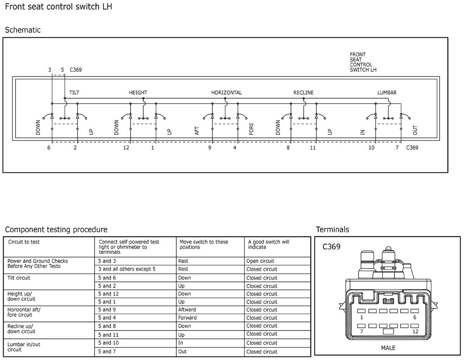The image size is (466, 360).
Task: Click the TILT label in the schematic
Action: [74, 93]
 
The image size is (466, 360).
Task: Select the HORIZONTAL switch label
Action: [226, 93]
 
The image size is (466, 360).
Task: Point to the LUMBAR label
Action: [387, 93]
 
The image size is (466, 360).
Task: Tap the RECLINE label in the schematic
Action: [303, 93]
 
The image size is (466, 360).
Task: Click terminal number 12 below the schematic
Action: [126, 148]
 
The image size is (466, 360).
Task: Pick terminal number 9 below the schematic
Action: [210, 148]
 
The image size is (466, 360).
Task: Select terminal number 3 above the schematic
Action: [50, 70]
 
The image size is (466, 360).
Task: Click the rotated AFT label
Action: [197, 131]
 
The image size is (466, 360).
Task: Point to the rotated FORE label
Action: [251, 129]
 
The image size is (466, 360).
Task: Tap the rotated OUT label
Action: [415, 130]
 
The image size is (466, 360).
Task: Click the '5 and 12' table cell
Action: [108, 294]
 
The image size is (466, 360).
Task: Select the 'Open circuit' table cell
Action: [260, 261]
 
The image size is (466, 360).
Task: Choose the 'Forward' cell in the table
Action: [187, 318]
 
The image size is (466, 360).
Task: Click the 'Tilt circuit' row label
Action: [19, 278]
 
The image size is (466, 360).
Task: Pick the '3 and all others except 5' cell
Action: [127, 269]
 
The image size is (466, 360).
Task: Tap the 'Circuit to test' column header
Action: [24, 242]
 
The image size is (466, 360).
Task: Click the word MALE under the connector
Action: [388, 348]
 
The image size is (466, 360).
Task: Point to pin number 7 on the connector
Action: [362, 331]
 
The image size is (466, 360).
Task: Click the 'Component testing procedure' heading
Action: [56, 230]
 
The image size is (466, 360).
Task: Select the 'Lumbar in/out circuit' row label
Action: [24, 347]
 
